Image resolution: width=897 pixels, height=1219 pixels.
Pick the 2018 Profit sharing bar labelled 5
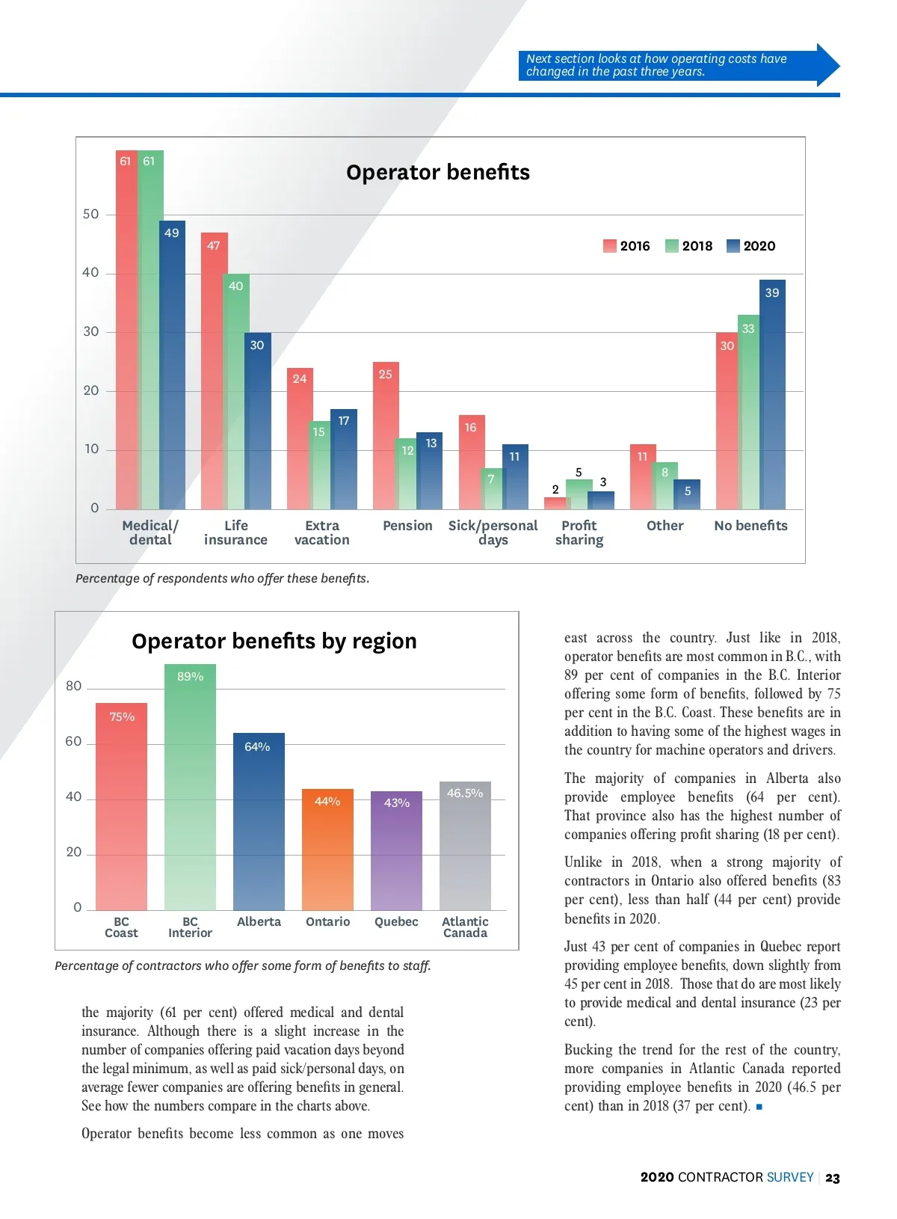click(579, 494)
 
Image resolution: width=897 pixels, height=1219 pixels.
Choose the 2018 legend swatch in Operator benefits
click(671, 246)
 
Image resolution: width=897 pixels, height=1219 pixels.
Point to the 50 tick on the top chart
click(90, 215)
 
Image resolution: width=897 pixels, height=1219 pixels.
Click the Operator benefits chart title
click(438, 173)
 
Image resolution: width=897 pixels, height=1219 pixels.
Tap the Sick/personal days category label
click(493, 532)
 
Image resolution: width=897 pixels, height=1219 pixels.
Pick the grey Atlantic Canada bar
click(465, 846)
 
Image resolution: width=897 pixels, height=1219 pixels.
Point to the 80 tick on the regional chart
click(73, 687)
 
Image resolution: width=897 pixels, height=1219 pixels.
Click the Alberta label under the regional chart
click(259, 922)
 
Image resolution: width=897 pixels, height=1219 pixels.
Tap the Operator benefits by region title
click(274, 642)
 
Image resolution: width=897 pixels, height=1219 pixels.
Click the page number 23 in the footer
click(833, 1178)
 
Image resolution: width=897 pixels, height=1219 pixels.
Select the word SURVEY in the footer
click(789, 1178)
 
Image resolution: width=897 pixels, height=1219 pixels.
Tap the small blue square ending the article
click(759, 1107)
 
